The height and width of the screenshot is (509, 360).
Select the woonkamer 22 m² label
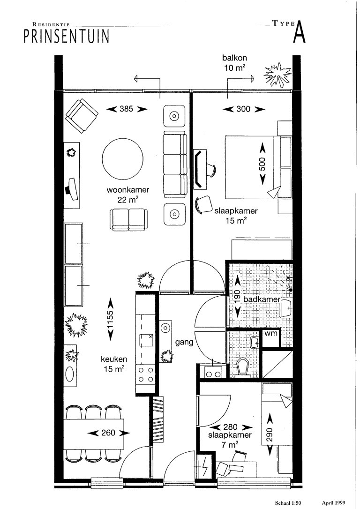click(x=127, y=195)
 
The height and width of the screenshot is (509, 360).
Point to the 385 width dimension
click(x=127, y=109)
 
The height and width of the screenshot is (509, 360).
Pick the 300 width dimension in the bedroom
click(x=243, y=109)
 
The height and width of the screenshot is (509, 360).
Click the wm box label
click(x=270, y=334)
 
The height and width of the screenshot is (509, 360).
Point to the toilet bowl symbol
click(x=243, y=366)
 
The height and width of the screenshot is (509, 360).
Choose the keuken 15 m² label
click(x=113, y=364)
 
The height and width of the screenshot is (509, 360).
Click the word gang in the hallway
click(x=185, y=342)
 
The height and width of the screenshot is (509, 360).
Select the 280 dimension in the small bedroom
click(x=231, y=427)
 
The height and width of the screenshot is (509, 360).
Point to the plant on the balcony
click(x=277, y=75)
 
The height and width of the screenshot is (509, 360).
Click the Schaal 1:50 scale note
click(x=285, y=502)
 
